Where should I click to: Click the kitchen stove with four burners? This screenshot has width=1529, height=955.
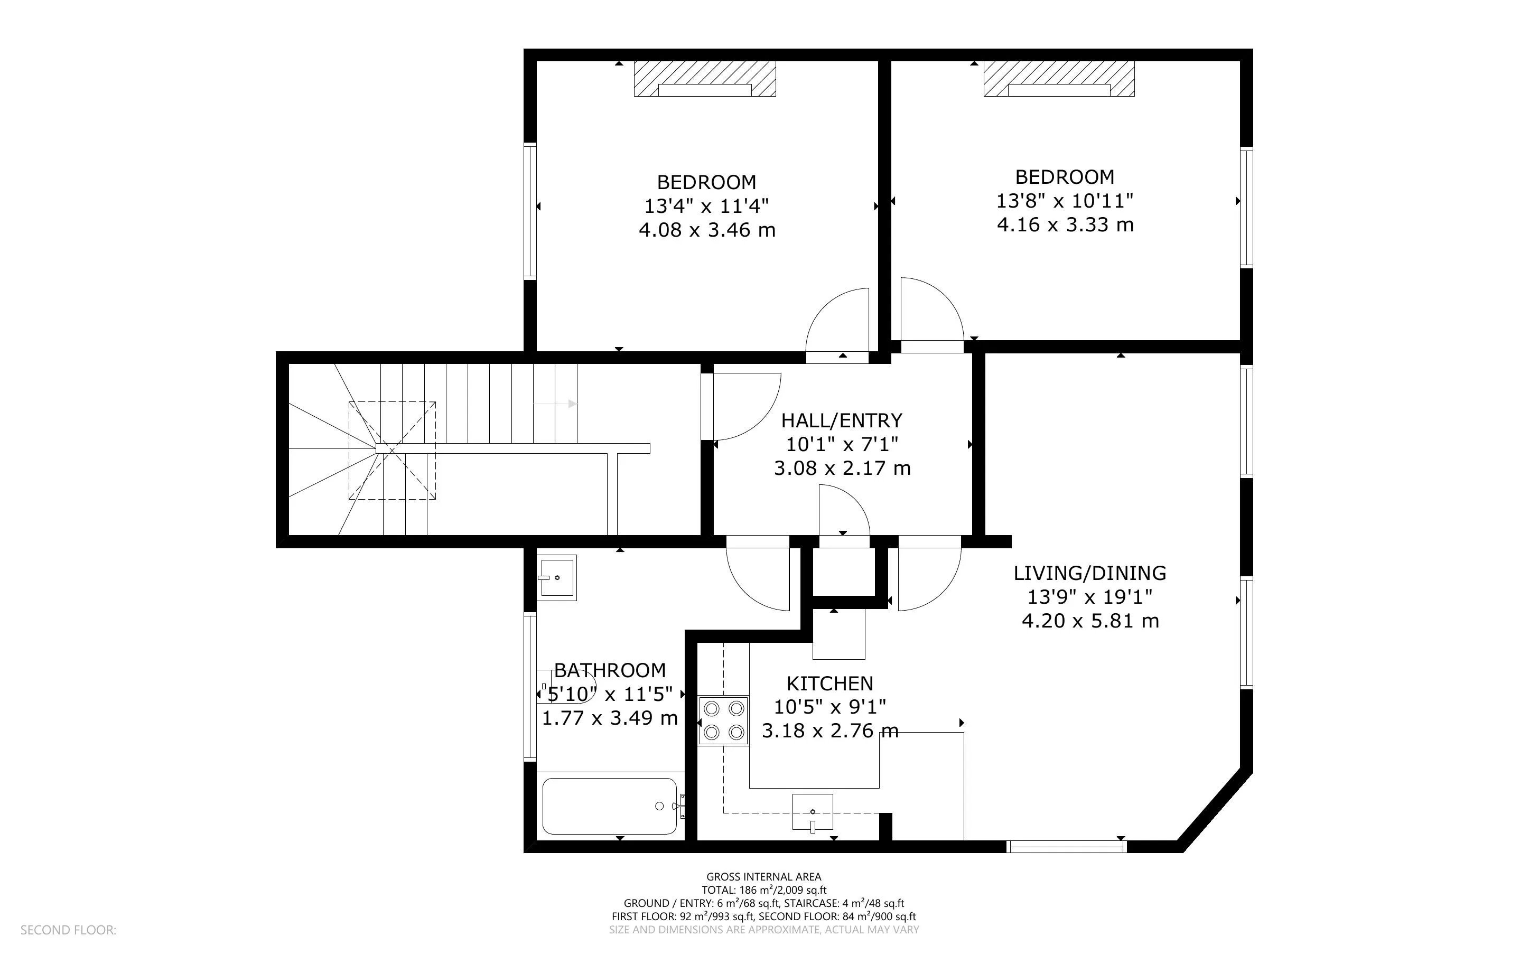723,720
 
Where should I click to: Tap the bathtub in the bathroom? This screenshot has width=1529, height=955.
611,806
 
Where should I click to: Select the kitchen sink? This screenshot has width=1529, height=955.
813,812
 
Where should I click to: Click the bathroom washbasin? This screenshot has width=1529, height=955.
557,577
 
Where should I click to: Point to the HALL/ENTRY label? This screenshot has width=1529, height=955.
842,420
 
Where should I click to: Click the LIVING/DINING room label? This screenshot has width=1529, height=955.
1090,574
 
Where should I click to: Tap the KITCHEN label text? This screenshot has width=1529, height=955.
830,684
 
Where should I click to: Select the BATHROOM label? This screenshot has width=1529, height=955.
610,670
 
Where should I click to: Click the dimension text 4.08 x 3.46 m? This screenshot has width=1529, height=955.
707,230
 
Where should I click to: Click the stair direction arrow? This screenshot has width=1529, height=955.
555,404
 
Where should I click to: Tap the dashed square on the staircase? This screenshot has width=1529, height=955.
392,451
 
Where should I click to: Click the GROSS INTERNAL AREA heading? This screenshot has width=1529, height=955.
763,877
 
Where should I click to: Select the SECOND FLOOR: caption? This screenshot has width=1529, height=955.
68,930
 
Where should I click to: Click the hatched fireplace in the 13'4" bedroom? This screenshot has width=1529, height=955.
705,79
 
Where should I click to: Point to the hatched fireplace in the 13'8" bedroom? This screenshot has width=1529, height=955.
1059,79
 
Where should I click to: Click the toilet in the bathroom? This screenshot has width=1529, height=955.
566,687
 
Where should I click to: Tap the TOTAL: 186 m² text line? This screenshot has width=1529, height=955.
763,891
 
